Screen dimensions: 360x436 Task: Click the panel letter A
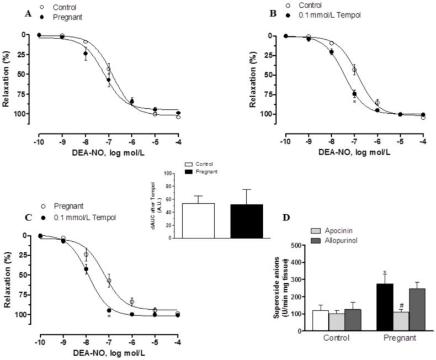(27, 15)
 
